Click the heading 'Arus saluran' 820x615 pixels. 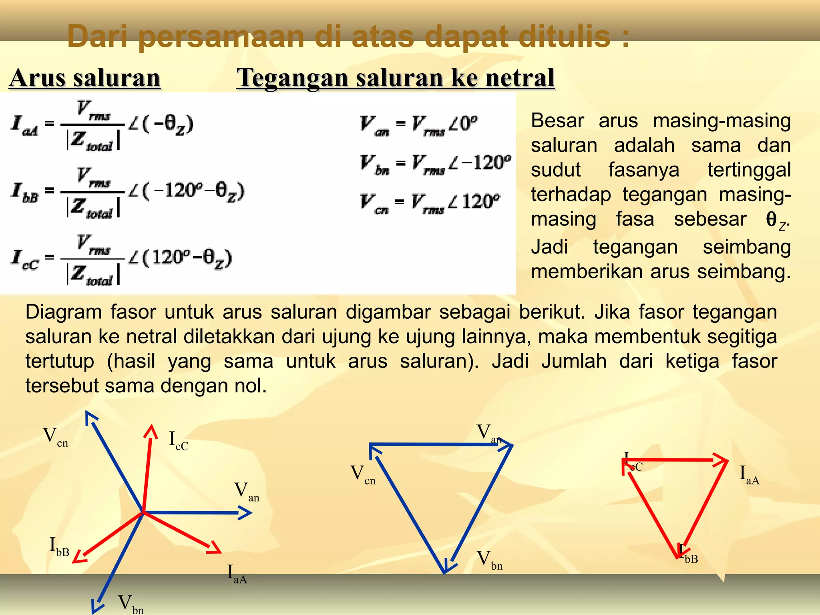tap(84, 78)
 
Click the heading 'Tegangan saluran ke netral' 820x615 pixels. tap(395, 78)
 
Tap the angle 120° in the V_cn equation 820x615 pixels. tap(480, 201)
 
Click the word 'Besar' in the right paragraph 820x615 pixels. tap(557, 121)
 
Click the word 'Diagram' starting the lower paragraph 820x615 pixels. tap(63, 312)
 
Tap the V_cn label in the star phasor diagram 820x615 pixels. tap(55, 437)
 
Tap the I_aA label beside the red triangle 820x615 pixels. tap(749, 475)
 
